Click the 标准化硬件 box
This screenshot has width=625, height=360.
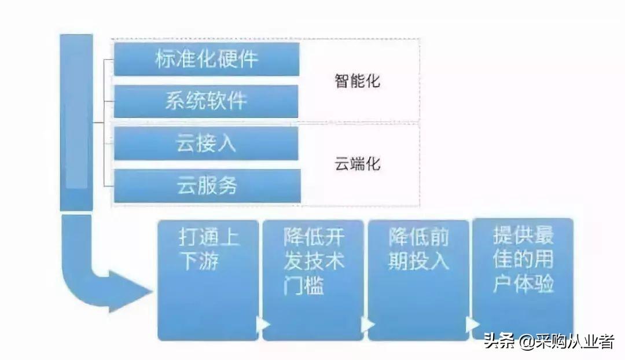206,59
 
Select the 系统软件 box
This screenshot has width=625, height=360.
206,101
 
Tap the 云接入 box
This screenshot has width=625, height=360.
206,144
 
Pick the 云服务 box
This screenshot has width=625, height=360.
207,186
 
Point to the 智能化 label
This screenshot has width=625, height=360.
357,80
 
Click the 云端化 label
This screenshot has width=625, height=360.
357,164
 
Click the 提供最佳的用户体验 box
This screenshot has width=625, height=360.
523,278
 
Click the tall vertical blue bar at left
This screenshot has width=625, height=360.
76,122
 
